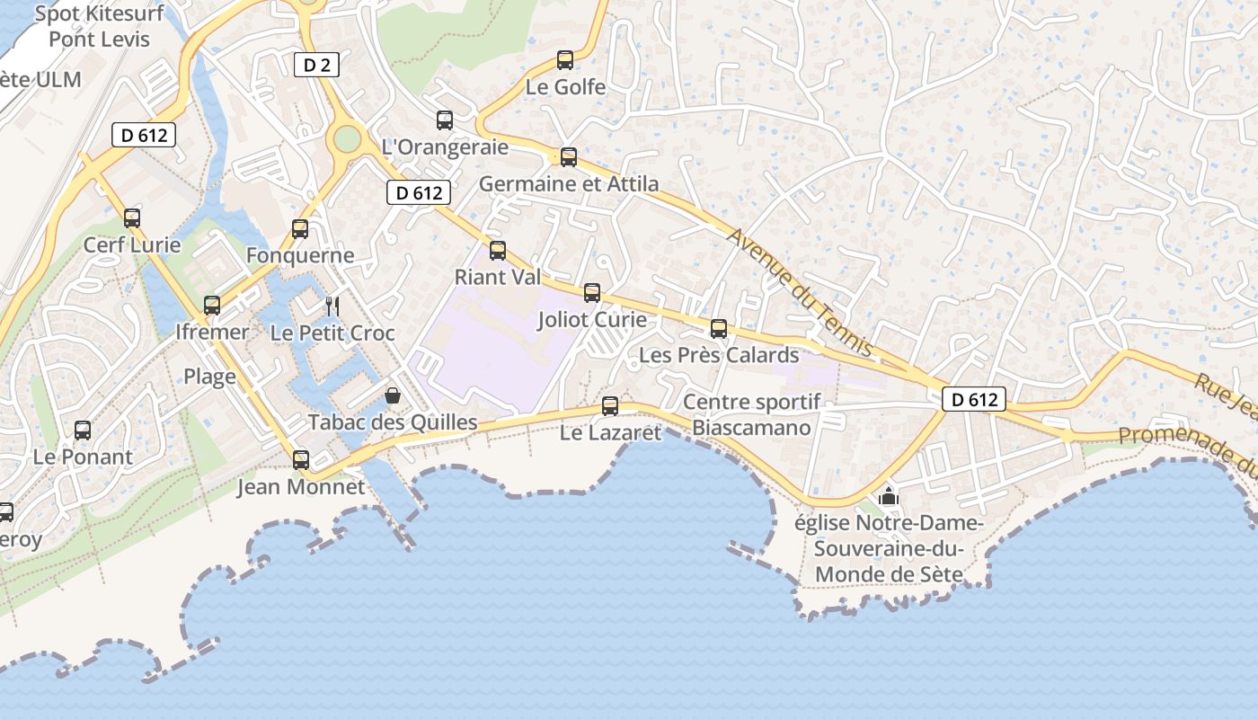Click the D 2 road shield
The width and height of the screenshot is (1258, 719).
pos(316,65)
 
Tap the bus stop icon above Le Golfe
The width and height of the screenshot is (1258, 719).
pos(565,60)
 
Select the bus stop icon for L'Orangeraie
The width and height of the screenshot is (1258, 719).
pos(445,120)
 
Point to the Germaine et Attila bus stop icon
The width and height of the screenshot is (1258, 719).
pos(569,157)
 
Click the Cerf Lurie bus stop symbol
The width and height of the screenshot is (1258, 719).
pos(132,218)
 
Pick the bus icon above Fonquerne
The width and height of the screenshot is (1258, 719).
pos(300,229)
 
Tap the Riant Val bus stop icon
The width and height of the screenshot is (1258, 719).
pos(498,251)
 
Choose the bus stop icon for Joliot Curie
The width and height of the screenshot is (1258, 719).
pos(592,293)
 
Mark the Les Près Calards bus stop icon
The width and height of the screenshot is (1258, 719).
pos(719,329)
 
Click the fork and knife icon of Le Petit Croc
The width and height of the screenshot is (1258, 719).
pos(332,306)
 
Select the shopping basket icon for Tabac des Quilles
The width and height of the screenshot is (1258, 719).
pos(393,395)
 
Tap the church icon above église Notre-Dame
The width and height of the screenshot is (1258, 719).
pos(889,496)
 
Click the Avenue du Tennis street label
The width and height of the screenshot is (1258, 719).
pos(800,290)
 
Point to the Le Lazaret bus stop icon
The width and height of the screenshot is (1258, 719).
pos(610,406)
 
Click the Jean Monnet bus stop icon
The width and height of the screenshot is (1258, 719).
pos(301,460)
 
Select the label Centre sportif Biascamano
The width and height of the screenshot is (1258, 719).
pos(751,414)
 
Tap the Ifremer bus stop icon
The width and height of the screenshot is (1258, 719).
pos(212,306)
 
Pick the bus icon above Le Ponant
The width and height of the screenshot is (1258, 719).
pos(83,431)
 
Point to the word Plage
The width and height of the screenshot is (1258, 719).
pos(209,377)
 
